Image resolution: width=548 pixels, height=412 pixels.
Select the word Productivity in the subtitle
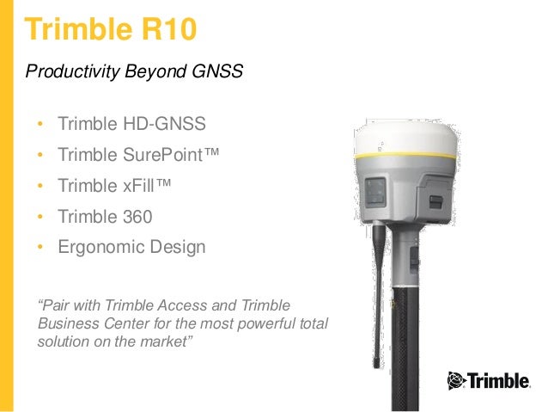(x=68, y=71)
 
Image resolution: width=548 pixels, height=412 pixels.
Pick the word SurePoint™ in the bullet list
(x=170, y=155)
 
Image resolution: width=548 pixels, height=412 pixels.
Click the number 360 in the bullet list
(x=136, y=217)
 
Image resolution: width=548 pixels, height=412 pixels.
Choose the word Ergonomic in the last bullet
(x=97, y=248)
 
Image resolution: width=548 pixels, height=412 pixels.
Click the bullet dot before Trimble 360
(x=40, y=218)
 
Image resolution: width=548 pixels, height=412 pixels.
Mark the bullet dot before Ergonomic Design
(x=40, y=249)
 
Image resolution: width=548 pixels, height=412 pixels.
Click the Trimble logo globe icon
(x=455, y=379)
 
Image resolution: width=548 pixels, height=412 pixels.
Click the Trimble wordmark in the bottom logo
(x=499, y=379)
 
